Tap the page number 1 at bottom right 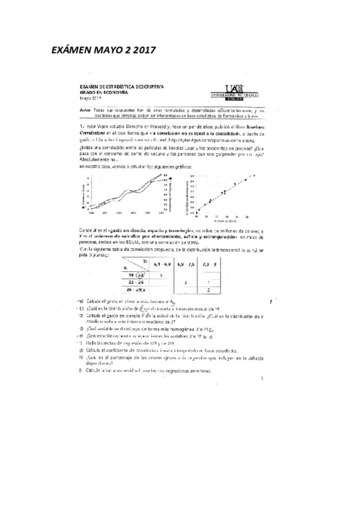pyautogui.click(x=262, y=378)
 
